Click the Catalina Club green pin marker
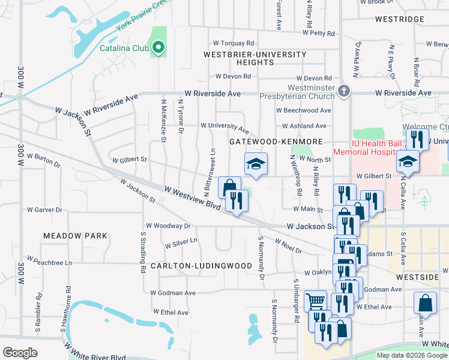tap(158, 47)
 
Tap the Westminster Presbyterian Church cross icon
tap(343, 91)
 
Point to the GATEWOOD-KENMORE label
tap(276, 141)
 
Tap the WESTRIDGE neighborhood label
tap(399, 19)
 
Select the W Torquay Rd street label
tap(234, 43)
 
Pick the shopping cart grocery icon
tap(315, 300)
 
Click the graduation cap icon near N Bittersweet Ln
tap(256, 164)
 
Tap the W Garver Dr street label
tap(44, 210)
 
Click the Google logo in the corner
tap(20, 352)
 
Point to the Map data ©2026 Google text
tap(412, 355)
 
